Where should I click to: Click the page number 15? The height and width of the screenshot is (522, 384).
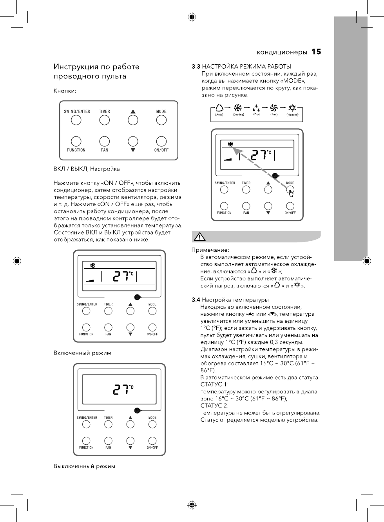(316, 52)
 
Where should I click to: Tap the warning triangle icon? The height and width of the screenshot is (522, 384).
(199, 237)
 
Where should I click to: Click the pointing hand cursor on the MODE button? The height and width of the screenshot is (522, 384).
(291, 191)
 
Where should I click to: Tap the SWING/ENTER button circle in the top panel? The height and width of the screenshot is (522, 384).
(76, 120)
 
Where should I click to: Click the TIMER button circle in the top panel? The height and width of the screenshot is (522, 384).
(105, 120)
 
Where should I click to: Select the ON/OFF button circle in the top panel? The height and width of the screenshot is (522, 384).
(161, 141)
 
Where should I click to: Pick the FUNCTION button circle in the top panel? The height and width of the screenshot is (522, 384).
(76, 141)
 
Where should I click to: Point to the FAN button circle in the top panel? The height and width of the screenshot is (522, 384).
(105, 141)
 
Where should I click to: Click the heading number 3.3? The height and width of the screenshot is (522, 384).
(196, 67)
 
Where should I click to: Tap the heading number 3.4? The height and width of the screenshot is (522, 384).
(196, 300)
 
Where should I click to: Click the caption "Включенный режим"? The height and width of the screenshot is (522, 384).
(82, 353)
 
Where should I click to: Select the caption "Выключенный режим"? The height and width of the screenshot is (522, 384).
(84, 466)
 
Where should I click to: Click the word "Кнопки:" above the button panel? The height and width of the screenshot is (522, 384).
(65, 91)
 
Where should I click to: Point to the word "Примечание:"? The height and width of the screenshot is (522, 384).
(210, 250)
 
